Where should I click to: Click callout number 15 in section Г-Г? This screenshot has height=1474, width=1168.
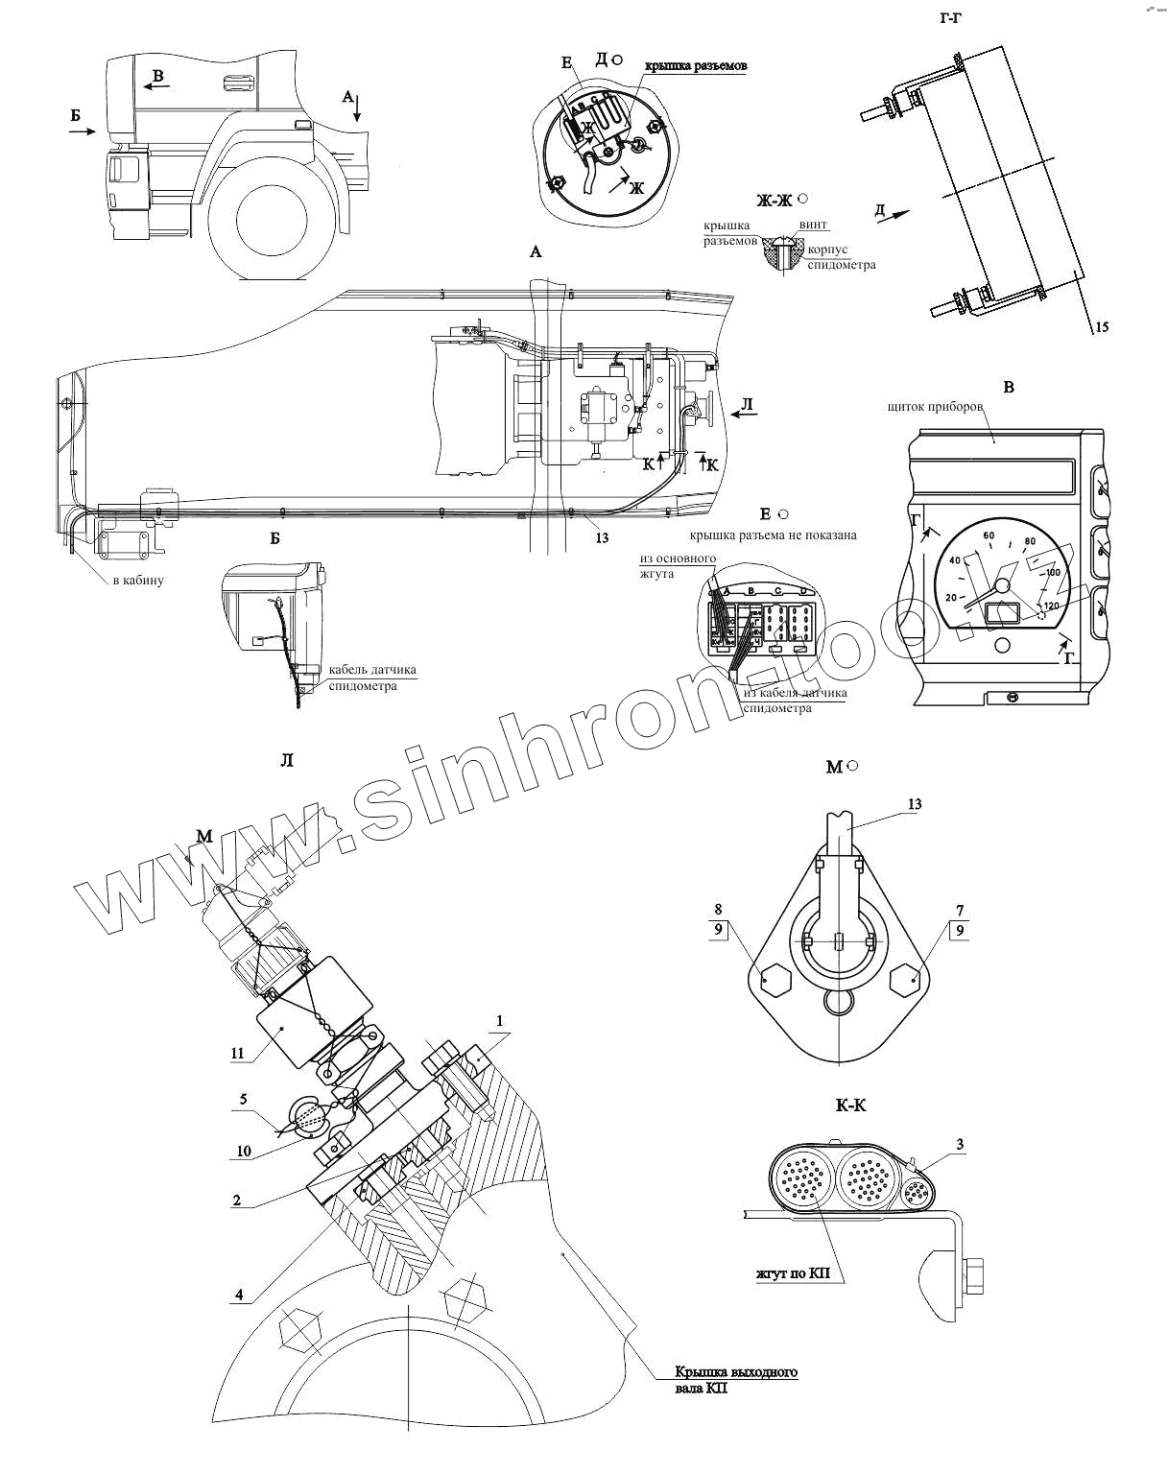point(1101,327)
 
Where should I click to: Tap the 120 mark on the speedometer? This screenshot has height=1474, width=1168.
point(1050,606)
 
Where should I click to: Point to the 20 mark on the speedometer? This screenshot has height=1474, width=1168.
point(951,597)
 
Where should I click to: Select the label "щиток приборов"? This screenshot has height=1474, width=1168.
point(937,406)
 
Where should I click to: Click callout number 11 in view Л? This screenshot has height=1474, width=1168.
point(237,1053)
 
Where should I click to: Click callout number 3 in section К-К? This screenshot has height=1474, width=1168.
point(959,1143)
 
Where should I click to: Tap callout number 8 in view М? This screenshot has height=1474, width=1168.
point(718,910)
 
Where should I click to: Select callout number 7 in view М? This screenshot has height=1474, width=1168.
point(959,910)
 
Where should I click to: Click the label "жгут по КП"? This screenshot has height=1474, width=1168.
point(792,1274)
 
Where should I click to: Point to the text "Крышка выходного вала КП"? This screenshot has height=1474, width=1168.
point(734,1379)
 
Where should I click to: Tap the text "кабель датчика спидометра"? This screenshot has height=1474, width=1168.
point(372,678)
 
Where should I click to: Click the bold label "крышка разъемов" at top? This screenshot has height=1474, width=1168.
point(696,66)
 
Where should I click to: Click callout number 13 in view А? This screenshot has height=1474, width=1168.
point(602,537)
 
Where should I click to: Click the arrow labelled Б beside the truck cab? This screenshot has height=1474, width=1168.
point(84,132)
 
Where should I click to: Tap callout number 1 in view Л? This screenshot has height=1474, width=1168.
point(499,1020)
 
